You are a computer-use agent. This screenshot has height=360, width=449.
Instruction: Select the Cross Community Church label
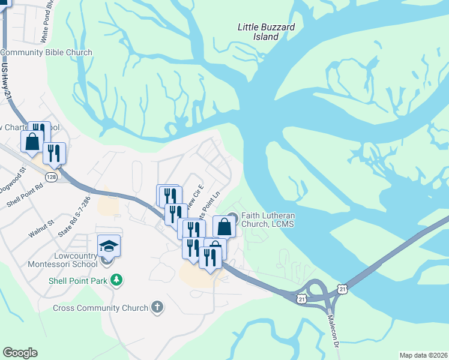pyautogui.click(x=100, y=308)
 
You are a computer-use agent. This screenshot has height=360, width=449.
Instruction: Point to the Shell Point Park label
pyautogui.click(x=79, y=280)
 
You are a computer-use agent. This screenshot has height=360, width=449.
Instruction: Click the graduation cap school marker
pyautogui.click(x=109, y=245)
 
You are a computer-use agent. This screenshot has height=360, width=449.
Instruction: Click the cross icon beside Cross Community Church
pyautogui.click(x=157, y=307)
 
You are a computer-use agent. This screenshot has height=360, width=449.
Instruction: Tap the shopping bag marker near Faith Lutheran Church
pyautogui.click(x=224, y=227)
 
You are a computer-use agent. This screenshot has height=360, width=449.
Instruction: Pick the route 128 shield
pyautogui.click(x=52, y=177)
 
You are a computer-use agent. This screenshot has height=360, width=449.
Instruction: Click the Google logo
pyautogui.click(x=20, y=353)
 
